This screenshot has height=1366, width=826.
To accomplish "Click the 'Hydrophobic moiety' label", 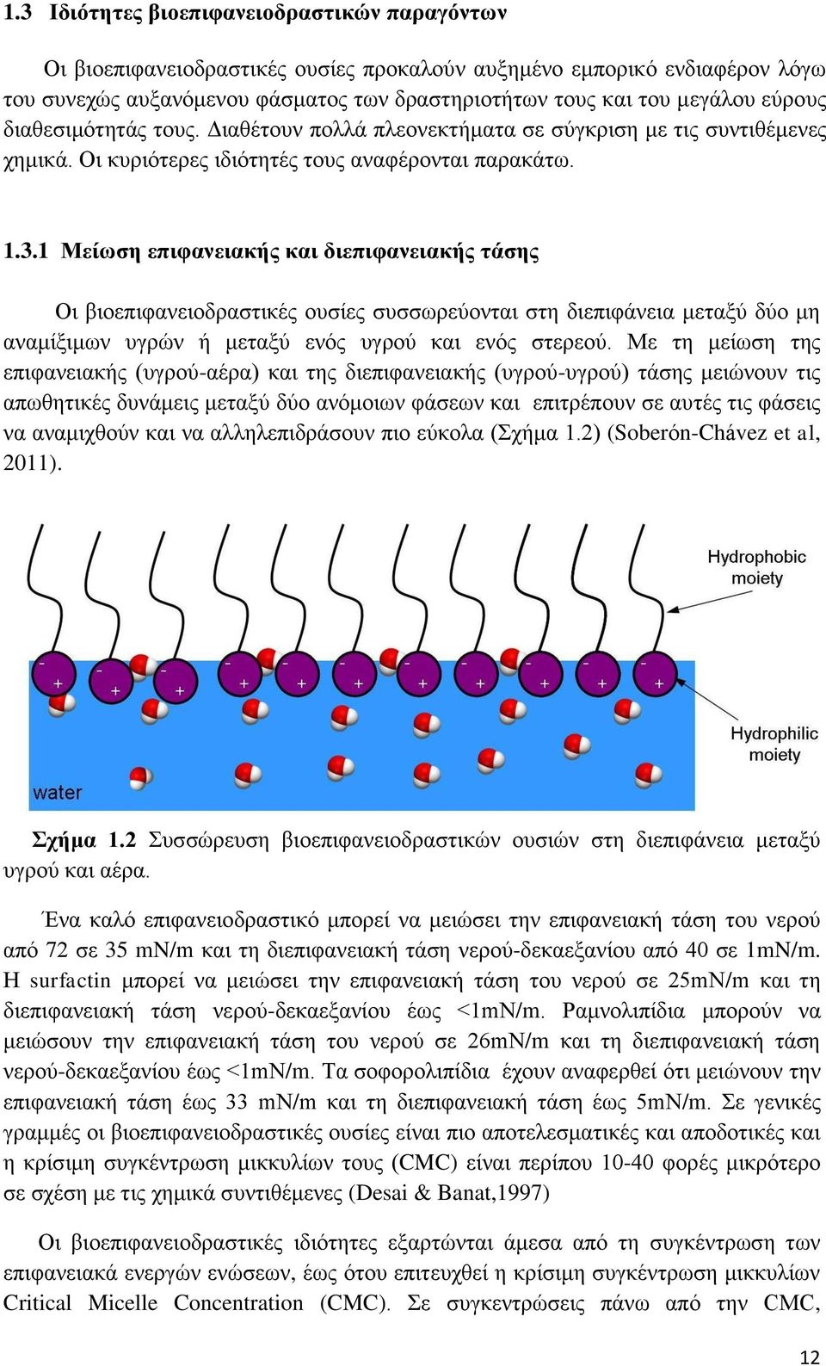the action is tap(756, 567).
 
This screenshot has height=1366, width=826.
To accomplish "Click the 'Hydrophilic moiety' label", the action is tap(774, 744).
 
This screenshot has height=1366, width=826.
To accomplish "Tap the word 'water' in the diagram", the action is tap(58, 793).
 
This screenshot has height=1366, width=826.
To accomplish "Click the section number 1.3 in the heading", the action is tap(17, 13).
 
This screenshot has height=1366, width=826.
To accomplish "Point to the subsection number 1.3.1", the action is tap(25, 250).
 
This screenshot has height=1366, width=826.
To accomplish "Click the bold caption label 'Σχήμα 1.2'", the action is tap(83, 840).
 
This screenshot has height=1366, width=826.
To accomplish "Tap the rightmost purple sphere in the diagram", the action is tap(655, 675).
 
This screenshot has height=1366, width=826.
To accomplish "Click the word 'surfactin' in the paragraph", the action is tap(70, 980).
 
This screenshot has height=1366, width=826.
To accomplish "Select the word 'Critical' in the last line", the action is tap(37, 1302).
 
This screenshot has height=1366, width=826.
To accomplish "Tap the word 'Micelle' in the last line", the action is tap(122, 1302).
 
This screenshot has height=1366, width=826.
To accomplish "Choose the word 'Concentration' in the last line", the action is tap(238, 1302).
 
